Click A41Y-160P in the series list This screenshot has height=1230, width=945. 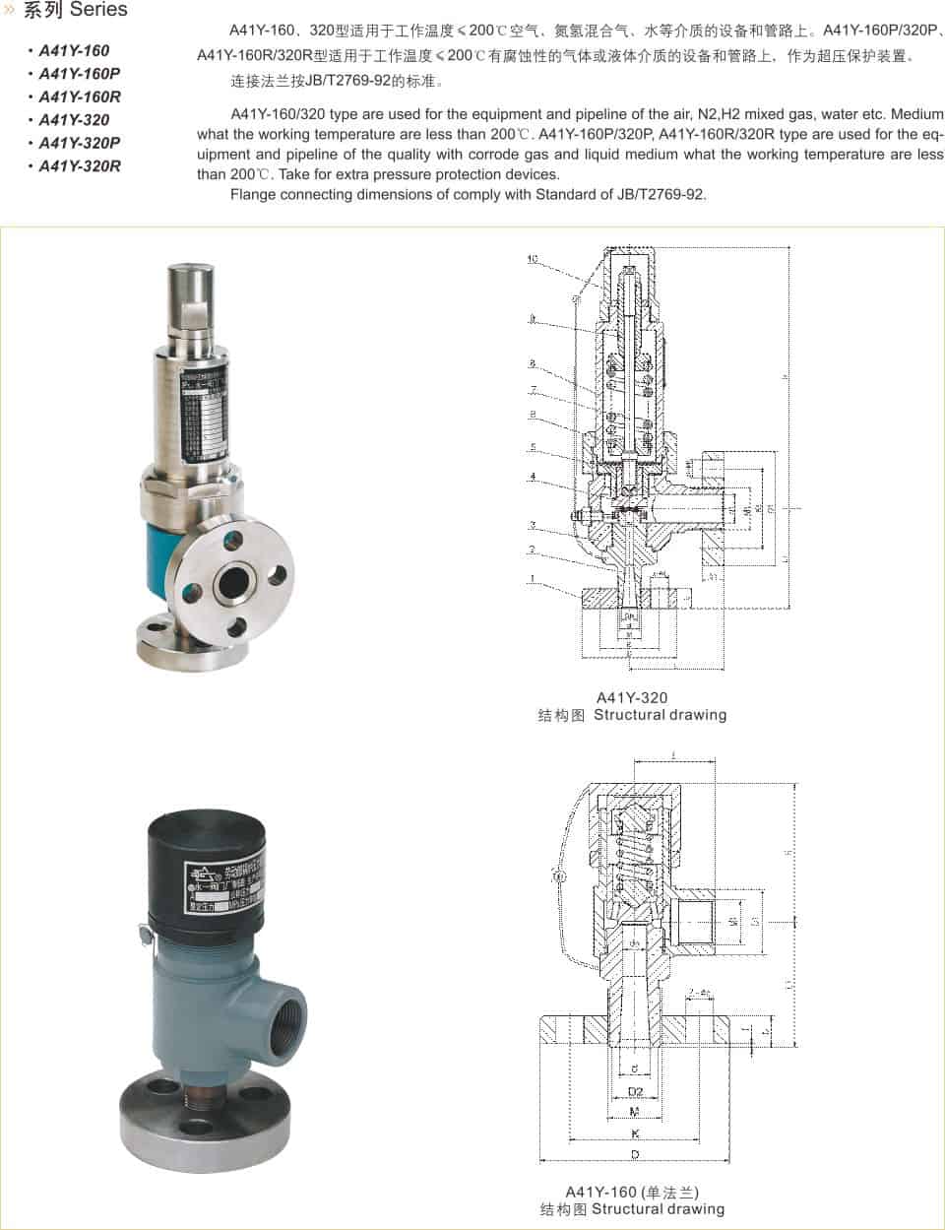[x=79, y=74]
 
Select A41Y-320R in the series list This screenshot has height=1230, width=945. [x=79, y=166]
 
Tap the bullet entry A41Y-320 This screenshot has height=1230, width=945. [x=74, y=120]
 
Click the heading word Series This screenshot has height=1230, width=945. [x=98, y=11]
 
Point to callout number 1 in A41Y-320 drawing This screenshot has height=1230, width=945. [x=532, y=578]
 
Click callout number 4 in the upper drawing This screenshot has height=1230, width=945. [x=532, y=477]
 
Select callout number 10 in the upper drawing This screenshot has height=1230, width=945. [x=532, y=260]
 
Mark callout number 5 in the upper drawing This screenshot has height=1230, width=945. [x=532, y=447]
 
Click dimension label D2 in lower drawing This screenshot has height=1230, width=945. [x=635, y=1092]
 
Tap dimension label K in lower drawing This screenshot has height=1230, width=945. [x=635, y=1133]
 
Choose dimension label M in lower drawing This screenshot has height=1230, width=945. [x=635, y=1113]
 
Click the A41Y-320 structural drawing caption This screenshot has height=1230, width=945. [x=632, y=707]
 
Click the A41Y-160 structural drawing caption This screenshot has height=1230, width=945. [x=632, y=1200]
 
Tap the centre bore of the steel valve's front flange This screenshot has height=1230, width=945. [x=233, y=581]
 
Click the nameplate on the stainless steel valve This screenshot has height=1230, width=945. [x=205, y=412]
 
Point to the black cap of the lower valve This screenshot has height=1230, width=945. [x=201, y=867]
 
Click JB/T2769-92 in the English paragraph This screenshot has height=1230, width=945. [x=659, y=195]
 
